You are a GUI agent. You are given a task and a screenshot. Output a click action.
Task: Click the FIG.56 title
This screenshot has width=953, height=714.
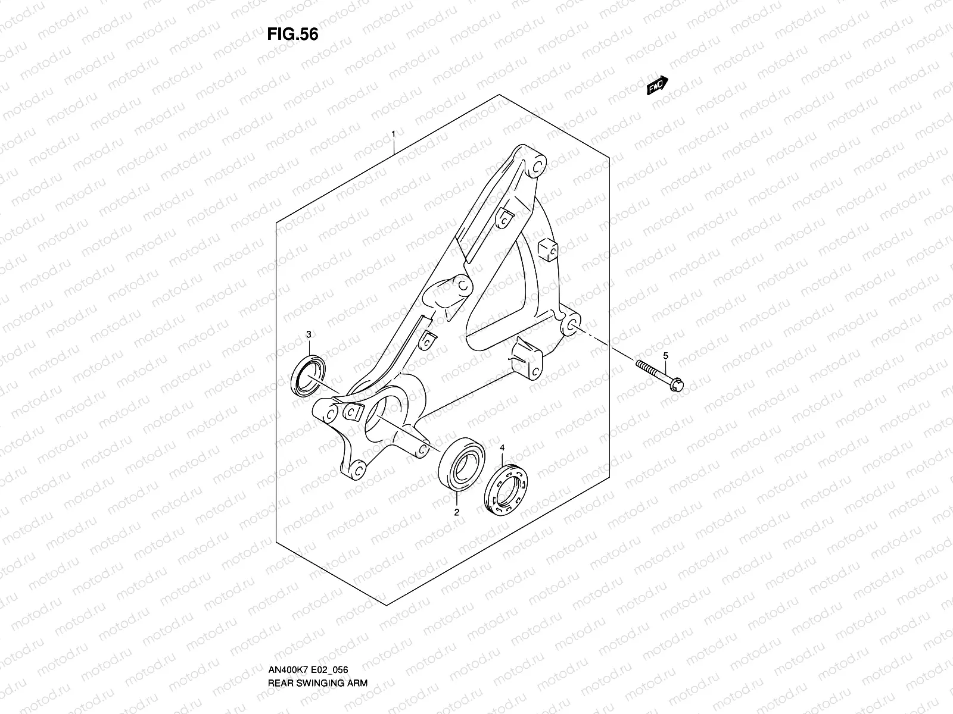pos(292,35)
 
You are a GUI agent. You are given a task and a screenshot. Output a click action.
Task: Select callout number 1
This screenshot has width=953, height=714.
pos(394,133)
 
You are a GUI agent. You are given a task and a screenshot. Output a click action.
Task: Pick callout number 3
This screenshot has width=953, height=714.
pos(309,334)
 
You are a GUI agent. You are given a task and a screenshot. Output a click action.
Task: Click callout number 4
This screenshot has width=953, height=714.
pos(502,447)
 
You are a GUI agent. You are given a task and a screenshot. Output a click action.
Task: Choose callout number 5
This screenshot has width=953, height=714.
pos(667,355)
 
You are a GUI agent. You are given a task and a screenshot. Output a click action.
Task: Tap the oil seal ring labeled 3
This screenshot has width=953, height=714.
pos(309,377)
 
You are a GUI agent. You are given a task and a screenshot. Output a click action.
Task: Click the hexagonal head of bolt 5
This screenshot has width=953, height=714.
pos(676,386)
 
